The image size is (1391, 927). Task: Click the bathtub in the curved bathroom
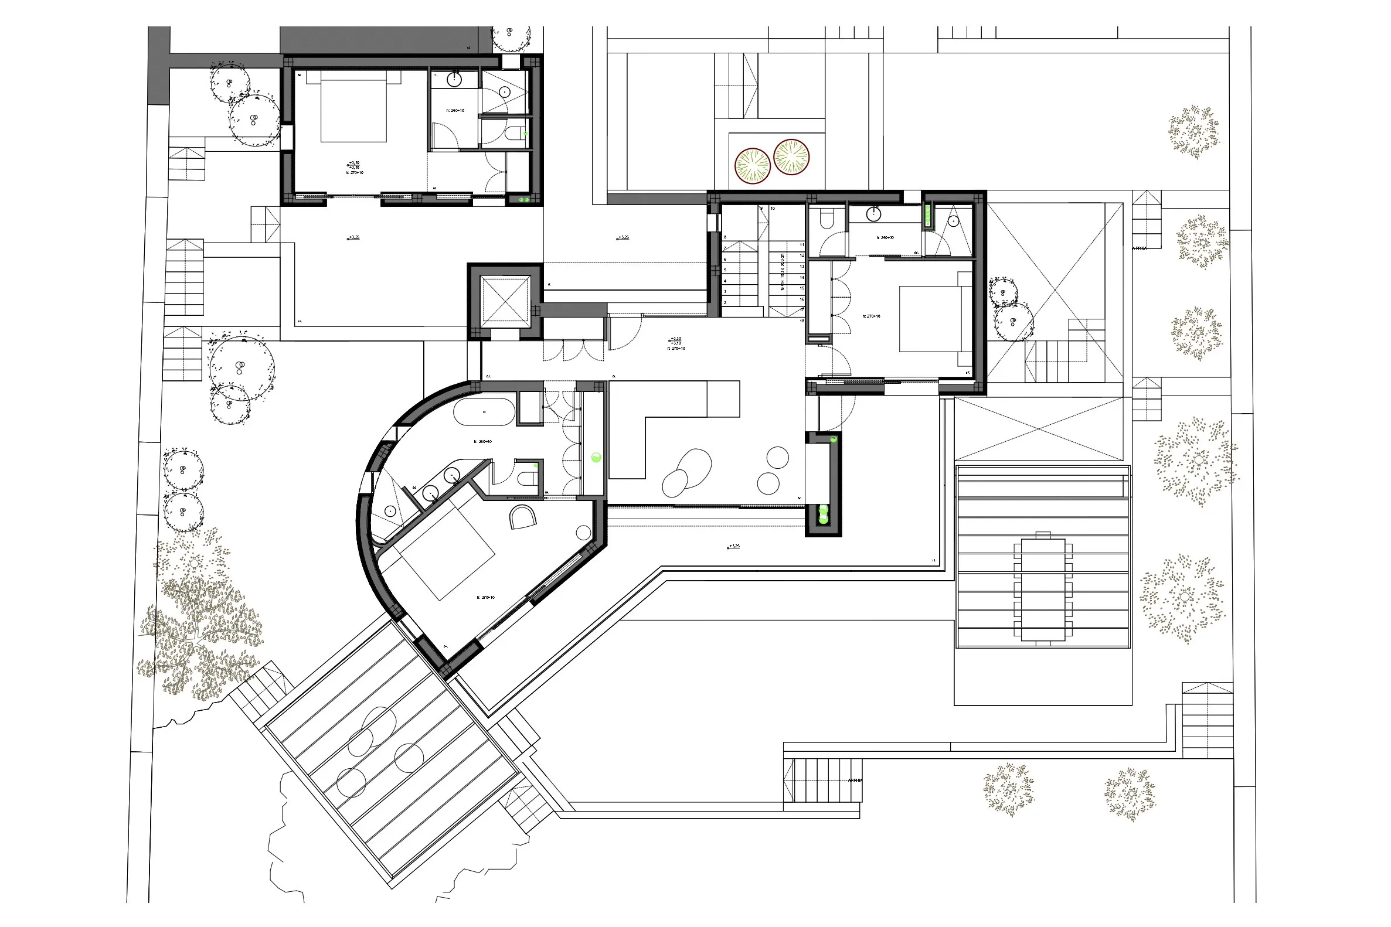click(484, 411)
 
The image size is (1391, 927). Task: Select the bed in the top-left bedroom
click(353, 107)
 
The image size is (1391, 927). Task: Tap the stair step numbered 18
click(802, 321)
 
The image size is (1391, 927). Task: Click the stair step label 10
click(773, 209)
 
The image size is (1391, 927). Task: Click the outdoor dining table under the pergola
click(1043, 589)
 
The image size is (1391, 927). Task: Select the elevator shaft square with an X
click(505, 301)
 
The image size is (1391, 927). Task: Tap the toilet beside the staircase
click(827, 220)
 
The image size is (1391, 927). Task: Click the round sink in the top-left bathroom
click(454, 79)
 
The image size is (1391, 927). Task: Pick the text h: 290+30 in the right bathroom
click(885, 238)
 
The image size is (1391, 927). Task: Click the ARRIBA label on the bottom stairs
click(855, 781)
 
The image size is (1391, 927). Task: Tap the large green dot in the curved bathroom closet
click(596, 456)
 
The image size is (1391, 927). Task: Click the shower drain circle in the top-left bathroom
click(504, 92)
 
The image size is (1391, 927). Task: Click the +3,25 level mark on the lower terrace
click(733, 546)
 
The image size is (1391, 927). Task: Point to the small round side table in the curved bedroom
click(583, 533)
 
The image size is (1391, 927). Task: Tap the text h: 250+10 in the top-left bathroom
click(455, 111)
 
